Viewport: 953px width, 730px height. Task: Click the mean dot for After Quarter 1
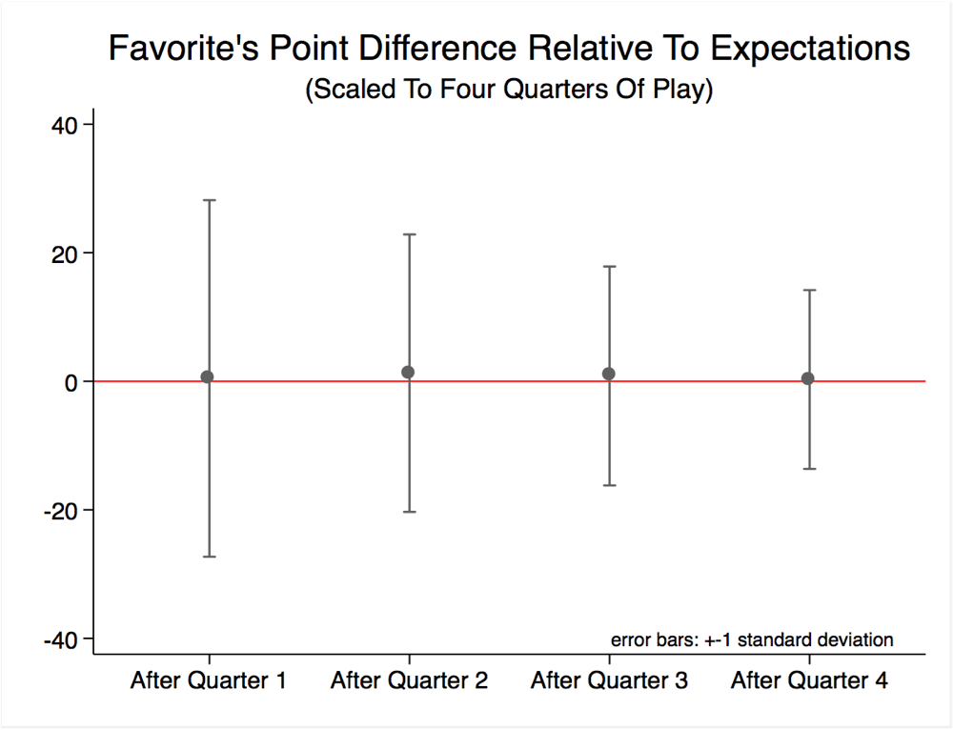pos(208,377)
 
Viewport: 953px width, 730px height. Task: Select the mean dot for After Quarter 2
pos(409,373)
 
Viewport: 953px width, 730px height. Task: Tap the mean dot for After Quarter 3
pos(609,375)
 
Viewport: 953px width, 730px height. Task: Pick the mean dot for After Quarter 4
pos(808,378)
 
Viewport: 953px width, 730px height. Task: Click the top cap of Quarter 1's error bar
pos(208,200)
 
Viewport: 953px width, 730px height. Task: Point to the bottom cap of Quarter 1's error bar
pos(208,557)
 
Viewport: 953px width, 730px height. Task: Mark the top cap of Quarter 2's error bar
pos(409,234)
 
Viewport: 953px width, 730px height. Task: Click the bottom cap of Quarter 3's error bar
pos(609,485)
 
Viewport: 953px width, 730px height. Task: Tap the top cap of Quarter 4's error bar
pos(809,290)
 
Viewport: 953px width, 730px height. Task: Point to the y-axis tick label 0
pos(71,382)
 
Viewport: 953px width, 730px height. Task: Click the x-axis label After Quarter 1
pos(208,681)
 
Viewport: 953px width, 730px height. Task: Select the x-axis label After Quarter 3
pos(609,681)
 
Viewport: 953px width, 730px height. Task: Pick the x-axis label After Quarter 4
pos(809,681)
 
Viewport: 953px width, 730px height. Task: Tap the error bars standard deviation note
pos(752,639)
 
